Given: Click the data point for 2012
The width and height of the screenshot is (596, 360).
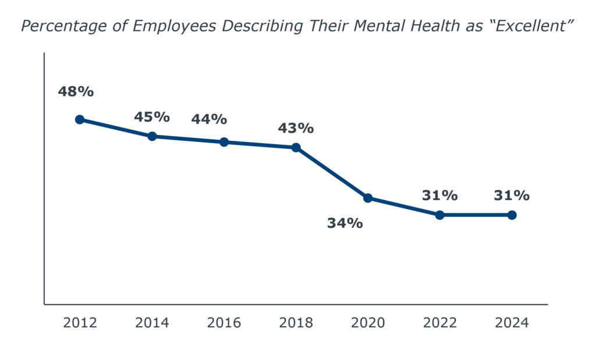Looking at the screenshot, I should (x=80, y=119).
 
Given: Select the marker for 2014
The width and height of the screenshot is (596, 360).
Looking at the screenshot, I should (x=152, y=136).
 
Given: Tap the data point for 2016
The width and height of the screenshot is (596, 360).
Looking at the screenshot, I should (x=224, y=142).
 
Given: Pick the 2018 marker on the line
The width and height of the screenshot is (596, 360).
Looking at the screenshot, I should (x=296, y=148).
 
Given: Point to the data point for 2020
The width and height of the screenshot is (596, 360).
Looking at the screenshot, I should (x=368, y=198).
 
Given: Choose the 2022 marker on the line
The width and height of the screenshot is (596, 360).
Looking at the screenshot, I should (x=440, y=215).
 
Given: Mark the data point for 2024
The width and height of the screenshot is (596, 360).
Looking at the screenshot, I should (x=512, y=215).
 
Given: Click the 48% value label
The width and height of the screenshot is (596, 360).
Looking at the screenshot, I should (x=76, y=91).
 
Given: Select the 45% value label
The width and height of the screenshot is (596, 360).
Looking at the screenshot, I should (x=152, y=117).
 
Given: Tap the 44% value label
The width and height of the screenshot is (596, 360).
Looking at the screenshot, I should (x=209, y=119).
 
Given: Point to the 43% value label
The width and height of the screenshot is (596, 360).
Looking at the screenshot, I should (x=296, y=128).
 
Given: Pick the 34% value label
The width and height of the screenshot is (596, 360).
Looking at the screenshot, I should (x=345, y=223).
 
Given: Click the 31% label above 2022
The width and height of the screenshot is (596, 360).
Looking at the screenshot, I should (x=440, y=195).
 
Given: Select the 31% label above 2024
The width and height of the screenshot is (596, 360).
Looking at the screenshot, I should (x=512, y=195).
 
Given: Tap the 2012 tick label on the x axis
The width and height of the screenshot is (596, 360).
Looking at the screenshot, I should (x=80, y=323).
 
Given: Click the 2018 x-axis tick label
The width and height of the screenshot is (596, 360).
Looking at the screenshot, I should (x=296, y=323).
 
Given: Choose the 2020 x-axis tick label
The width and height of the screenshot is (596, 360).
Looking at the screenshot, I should (x=368, y=323).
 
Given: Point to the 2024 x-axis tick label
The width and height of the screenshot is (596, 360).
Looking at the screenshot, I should (x=512, y=323).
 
